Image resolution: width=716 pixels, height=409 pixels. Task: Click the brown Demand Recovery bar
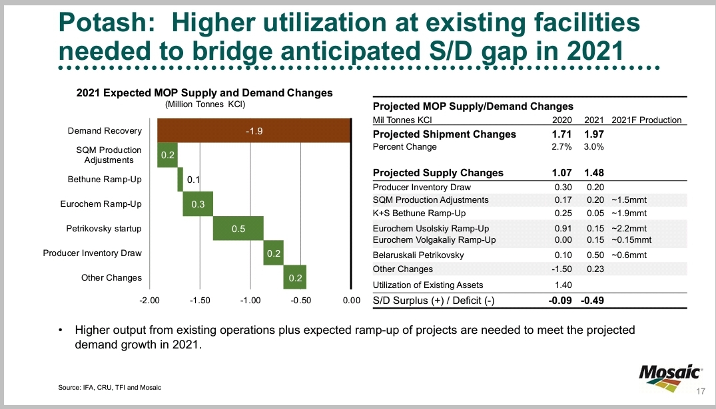point(253,131)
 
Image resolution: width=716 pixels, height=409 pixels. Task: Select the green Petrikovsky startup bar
point(238,229)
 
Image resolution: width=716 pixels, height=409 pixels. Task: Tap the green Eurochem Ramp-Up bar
point(197,204)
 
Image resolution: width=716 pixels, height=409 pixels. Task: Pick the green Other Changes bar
point(294,277)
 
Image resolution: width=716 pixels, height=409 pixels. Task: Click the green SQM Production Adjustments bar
point(167,155)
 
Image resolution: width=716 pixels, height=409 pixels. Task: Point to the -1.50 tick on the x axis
point(200,301)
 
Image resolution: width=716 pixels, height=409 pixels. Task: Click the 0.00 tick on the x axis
point(351,301)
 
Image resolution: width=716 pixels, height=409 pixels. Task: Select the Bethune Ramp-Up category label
point(105,180)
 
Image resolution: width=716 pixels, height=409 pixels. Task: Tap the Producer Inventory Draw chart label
point(93,253)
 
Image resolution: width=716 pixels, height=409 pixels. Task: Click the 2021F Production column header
point(646,120)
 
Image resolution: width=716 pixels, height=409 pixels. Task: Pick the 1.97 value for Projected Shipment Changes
point(593,134)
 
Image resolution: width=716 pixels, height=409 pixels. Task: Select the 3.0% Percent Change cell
point(594,147)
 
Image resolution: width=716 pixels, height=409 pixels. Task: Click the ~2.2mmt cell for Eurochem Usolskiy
point(628,229)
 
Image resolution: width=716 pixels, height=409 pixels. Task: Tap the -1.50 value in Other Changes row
point(563,269)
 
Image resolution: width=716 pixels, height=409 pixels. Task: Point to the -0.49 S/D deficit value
point(591,301)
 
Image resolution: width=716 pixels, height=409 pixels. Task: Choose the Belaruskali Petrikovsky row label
point(418,255)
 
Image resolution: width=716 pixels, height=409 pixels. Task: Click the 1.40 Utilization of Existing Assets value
point(563,285)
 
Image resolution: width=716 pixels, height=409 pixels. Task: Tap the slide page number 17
point(701,390)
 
